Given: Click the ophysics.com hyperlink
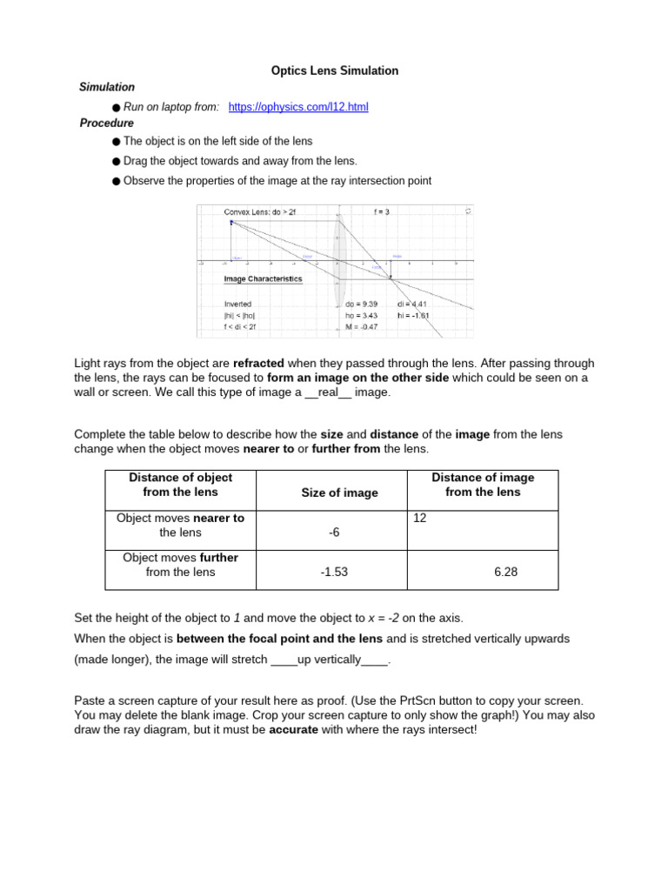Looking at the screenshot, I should pyautogui.click(x=298, y=107).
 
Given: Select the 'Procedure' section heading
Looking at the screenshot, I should pyautogui.click(x=107, y=124).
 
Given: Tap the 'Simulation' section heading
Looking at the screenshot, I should pyautogui.click(x=107, y=87).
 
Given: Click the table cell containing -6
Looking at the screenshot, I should pyautogui.click(x=334, y=533).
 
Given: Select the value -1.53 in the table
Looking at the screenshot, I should pyautogui.click(x=334, y=573).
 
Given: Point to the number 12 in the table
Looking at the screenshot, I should pyautogui.click(x=420, y=518).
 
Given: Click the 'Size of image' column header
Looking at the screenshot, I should pyautogui.click(x=339, y=492).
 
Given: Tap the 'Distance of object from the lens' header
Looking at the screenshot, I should pyautogui.click(x=180, y=485).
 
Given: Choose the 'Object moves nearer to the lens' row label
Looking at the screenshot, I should pyautogui.click(x=180, y=525).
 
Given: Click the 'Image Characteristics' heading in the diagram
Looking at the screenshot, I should pyautogui.click(x=263, y=279).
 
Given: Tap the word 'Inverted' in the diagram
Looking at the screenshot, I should pyautogui.click(x=238, y=305).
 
